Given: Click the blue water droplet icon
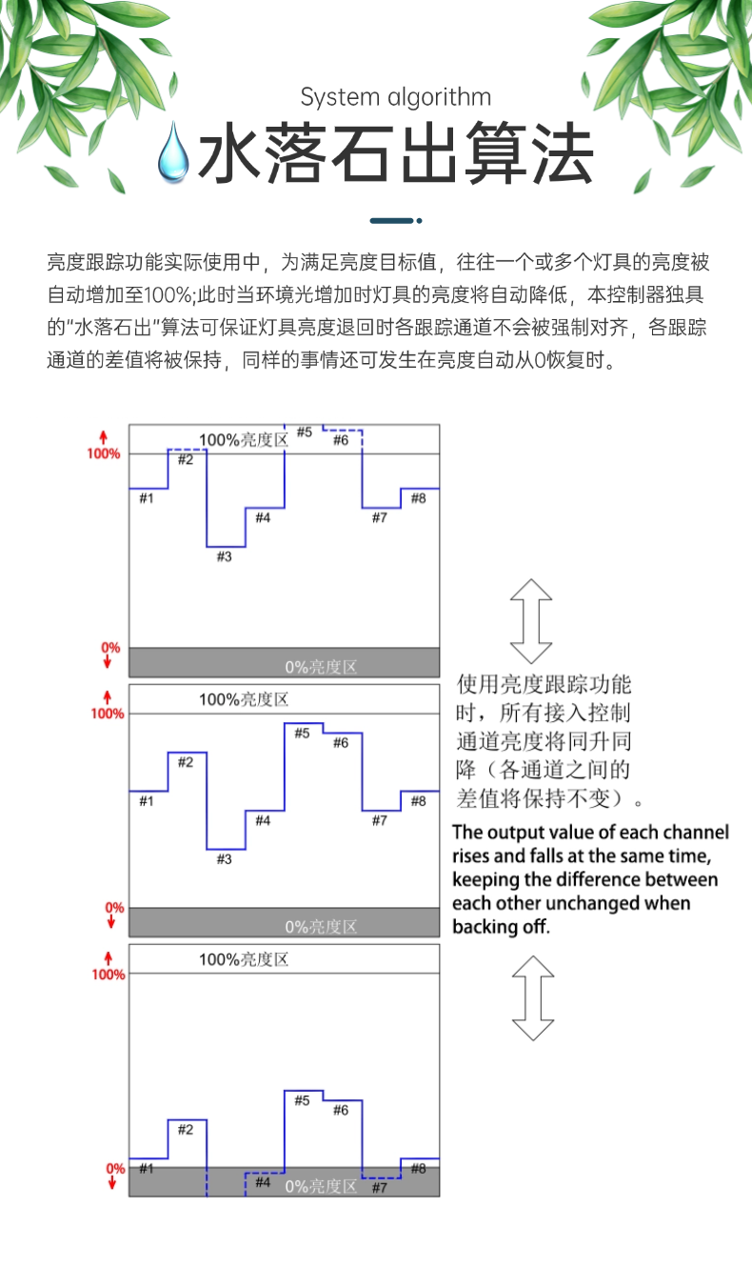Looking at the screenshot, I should (x=175, y=151).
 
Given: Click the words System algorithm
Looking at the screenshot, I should (x=395, y=97).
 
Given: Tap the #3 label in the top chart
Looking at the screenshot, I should (x=224, y=556).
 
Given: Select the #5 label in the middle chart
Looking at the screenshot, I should (x=302, y=733).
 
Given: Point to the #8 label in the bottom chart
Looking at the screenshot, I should (x=418, y=1168).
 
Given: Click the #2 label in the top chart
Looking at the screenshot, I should (x=186, y=460).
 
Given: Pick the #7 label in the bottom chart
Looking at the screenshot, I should (x=379, y=1187).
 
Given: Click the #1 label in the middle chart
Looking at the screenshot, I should (x=146, y=801).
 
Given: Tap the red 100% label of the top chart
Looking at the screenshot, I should (x=105, y=453).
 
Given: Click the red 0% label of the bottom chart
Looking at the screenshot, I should (x=114, y=1168).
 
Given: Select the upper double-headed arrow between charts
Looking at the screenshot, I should (x=531, y=621).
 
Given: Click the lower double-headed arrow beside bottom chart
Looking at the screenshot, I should (x=532, y=998).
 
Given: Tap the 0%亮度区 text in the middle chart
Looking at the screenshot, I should (x=321, y=926).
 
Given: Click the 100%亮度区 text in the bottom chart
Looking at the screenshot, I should (x=243, y=958).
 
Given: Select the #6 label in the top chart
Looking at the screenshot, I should (x=341, y=439).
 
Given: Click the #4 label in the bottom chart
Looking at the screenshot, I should (x=263, y=1182).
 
